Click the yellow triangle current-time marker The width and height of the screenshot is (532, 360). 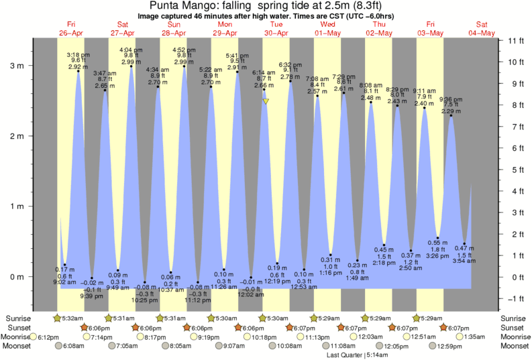click(266, 102)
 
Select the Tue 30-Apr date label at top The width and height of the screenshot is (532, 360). click(276, 29)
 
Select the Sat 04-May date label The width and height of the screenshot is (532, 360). click(482, 29)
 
